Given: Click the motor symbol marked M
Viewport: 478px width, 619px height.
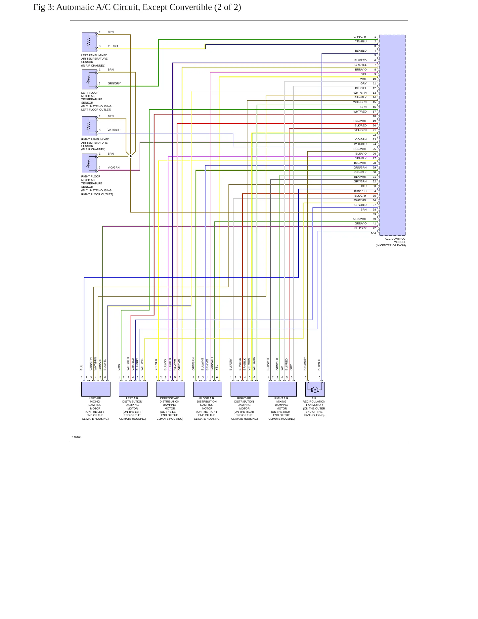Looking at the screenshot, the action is pyautogui.click(x=315, y=390).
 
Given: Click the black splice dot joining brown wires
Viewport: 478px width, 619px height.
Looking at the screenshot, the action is pyautogui.click(x=131, y=156).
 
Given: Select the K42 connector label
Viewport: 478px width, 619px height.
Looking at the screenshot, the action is pyautogui.click(x=373, y=233).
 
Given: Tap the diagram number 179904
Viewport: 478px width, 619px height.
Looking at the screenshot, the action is pyautogui.click(x=77, y=437).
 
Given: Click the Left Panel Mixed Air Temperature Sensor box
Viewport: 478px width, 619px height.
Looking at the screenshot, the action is pyautogui.click(x=89, y=42).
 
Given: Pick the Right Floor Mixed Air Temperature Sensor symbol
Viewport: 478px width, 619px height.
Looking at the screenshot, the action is pyautogui.click(x=89, y=164).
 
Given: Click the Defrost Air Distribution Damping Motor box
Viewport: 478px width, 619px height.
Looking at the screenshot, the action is pyautogui.click(x=170, y=389).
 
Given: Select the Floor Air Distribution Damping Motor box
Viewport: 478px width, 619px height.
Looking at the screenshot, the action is pyautogui.click(x=208, y=389).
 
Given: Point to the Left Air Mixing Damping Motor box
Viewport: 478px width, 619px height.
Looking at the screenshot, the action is pyautogui.click(x=96, y=389).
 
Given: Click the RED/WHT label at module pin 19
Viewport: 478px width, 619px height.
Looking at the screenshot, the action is pyautogui.click(x=360, y=121).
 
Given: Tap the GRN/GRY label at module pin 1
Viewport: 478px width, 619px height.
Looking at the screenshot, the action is pyautogui.click(x=360, y=37).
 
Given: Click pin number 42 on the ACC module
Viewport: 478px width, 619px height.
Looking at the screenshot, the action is pyautogui.click(x=374, y=228).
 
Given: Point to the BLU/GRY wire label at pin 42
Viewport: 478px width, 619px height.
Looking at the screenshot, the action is pyautogui.click(x=360, y=228).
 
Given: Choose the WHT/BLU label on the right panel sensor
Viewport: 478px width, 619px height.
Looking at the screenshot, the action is pyautogui.click(x=114, y=130).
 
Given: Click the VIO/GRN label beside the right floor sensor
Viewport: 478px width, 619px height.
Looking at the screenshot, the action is pyautogui.click(x=114, y=167).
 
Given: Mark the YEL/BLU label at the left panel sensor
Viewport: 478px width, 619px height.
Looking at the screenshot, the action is pyautogui.click(x=113, y=46).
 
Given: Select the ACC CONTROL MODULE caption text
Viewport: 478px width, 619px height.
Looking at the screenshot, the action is pyautogui.click(x=391, y=242).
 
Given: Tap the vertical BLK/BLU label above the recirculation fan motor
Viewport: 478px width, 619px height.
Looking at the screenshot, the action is pyautogui.click(x=319, y=364).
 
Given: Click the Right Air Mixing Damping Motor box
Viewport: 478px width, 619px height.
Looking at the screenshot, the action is pyautogui.click(x=282, y=389).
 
